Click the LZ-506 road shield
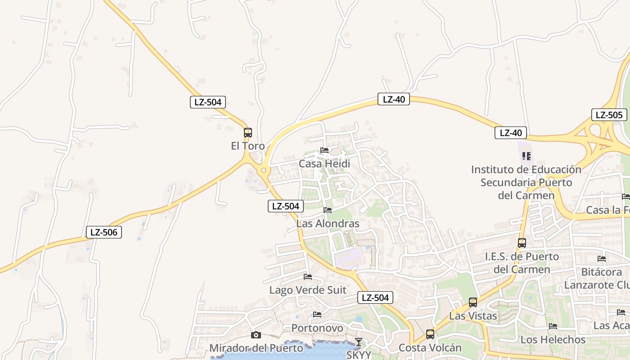(104, 232)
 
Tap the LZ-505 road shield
(609, 115)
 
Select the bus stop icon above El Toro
(248, 133)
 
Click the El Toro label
(247, 146)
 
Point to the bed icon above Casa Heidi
(324, 150)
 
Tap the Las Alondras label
(328, 224)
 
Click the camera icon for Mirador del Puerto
(256, 335)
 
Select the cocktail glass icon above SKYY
(358, 342)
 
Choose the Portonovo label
(317, 328)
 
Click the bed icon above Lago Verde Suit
(308, 276)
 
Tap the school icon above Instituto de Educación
(526, 156)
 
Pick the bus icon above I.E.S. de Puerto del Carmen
(522, 243)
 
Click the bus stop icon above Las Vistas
(473, 302)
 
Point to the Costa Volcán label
(430, 348)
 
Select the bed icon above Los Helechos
(553, 326)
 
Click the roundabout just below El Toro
(264, 171)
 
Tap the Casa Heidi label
(324, 164)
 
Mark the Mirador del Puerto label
(256, 348)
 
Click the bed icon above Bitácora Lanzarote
(602, 259)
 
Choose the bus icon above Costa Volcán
(430, 334)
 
